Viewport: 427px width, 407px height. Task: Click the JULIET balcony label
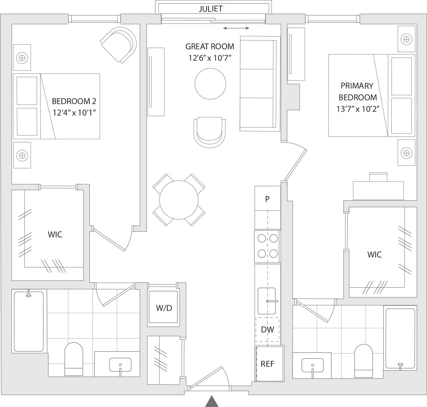pos(210,9)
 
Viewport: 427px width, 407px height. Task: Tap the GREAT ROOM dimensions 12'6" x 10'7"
pos(210,58)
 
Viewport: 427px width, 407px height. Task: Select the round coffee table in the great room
pos(210,84)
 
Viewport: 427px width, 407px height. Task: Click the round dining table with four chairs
pos(178,200)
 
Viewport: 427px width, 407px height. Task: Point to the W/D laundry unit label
pos(164,308)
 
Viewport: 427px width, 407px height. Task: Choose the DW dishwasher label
pos(267,330)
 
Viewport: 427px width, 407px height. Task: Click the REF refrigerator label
pos(267,364)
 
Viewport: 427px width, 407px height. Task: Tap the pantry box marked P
pos(267,199)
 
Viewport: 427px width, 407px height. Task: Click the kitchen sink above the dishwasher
pos(267,301)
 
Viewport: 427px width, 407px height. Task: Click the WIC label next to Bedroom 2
pos(55,234)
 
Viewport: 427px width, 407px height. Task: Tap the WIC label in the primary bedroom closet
pos(374,254)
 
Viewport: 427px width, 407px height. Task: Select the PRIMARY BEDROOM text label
pos(357,91)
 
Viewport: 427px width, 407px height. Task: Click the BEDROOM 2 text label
pos(74,101)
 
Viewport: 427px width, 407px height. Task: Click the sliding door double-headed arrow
pos(236,28)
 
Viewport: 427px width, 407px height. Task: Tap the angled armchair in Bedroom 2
pos(119,44)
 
